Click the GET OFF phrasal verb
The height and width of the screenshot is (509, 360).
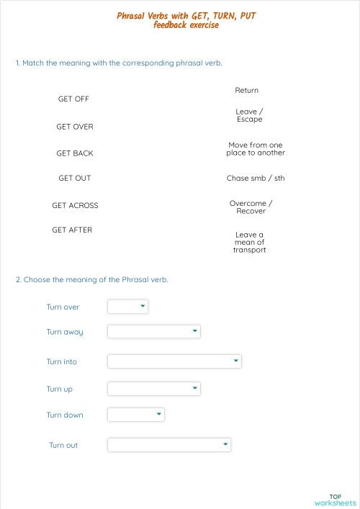tap(73, 99)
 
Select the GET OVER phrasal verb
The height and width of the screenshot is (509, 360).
tap(75, 127)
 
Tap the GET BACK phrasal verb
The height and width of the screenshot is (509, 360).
tap(75, 153)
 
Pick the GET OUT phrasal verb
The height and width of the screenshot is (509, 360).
tap(75, 178)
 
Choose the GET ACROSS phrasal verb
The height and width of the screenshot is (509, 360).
tap(75, 206)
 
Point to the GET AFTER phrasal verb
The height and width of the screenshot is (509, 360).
tap(72, 230)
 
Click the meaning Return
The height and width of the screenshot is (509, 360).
tap(247, 91)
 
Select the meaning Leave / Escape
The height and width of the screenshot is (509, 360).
tap(249, 115)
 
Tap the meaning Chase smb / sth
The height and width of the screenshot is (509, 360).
tap(256, 179)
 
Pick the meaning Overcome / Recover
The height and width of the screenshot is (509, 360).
tap(251, 207)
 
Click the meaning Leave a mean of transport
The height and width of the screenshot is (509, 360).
tap(250, 243)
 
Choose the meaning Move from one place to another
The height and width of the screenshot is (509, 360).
tap(256, 149)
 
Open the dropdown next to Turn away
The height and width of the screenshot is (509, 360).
tap(154, 331)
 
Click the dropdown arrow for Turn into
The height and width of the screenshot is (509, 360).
tap(236, 361)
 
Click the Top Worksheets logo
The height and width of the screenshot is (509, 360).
tap(335, 500)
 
